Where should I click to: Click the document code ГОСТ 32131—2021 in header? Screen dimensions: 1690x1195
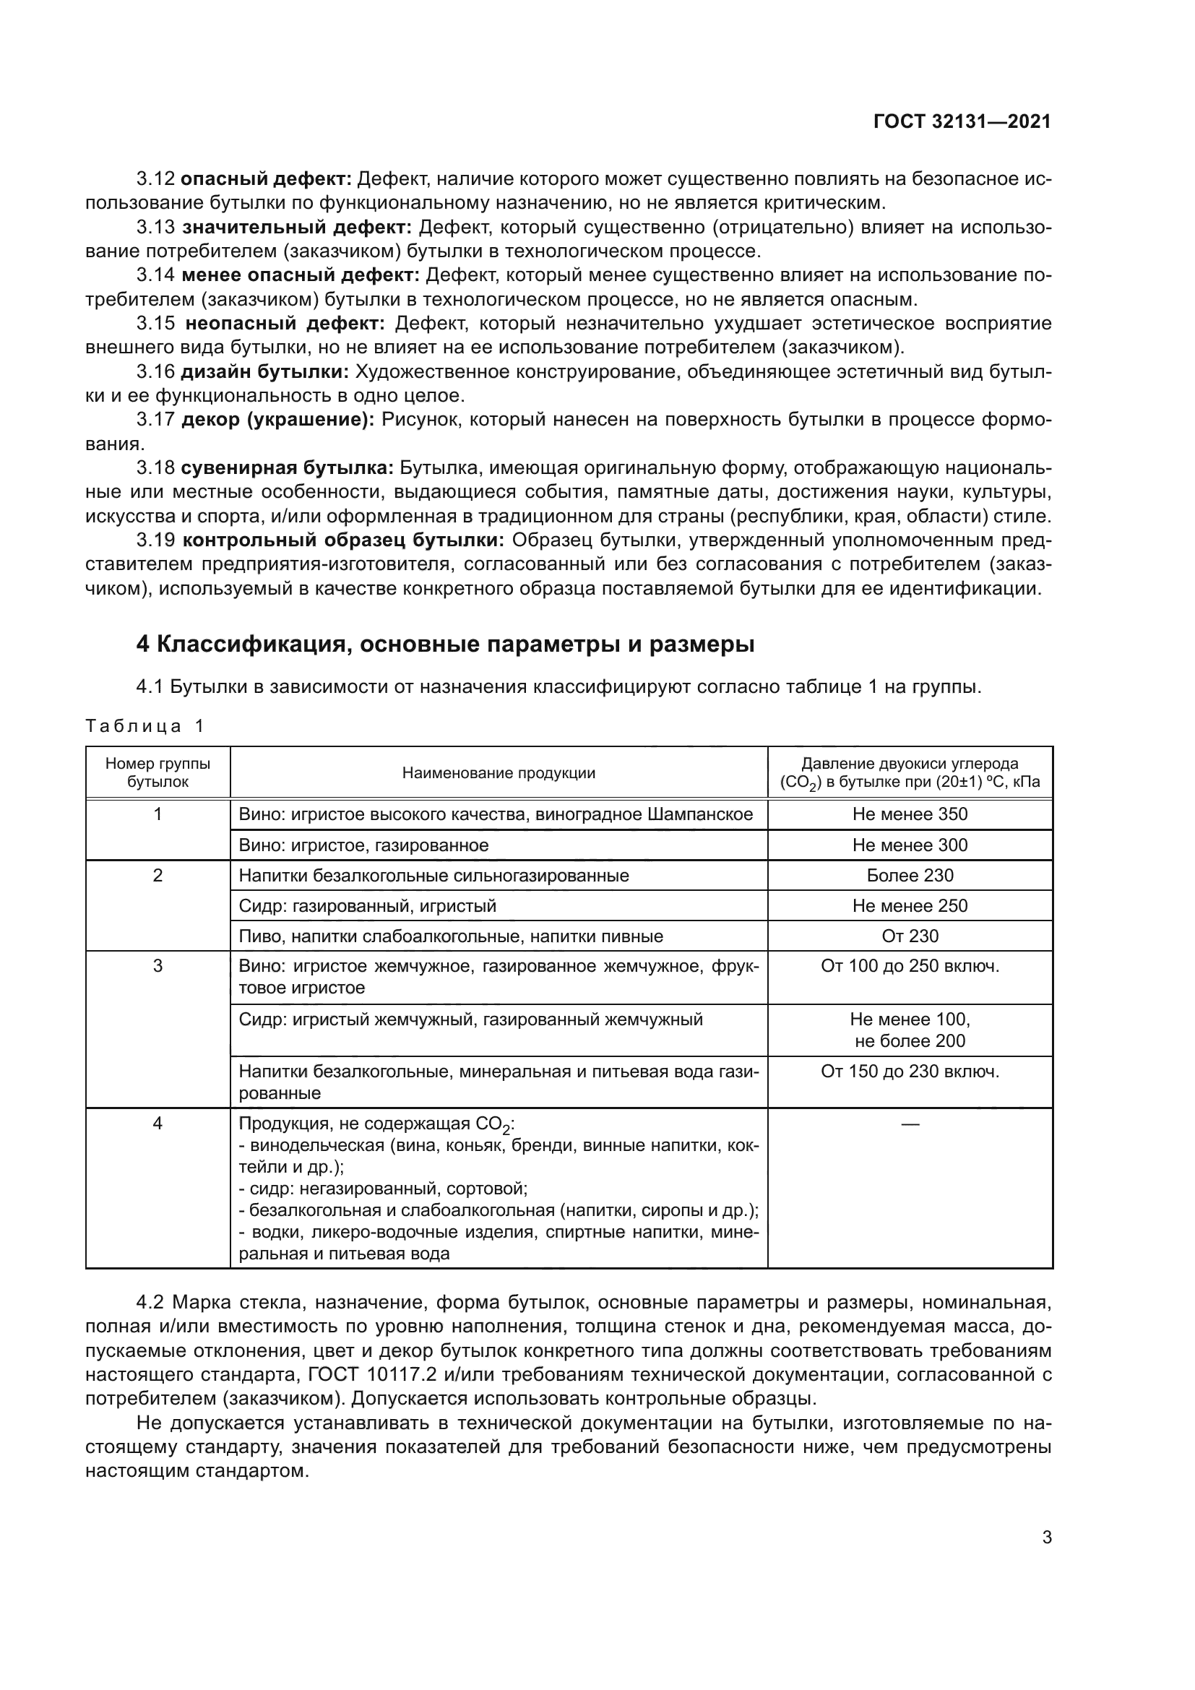pos(962,122)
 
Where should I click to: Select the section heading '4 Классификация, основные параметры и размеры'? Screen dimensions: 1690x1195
pos(445,644)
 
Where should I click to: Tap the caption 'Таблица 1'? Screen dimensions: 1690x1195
pos(144,725)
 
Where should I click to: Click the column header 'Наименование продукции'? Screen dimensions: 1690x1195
pos(499,773)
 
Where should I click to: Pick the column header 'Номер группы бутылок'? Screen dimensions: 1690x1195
pos(158,773)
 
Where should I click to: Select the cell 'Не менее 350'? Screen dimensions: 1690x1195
pos(910,814)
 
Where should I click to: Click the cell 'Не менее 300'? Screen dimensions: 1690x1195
pos(910,845)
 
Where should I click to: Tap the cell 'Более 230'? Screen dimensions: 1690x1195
pos(910,875)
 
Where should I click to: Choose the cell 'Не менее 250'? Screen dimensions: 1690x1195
pos(910,905)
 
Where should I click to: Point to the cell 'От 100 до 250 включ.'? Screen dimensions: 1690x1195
pos(910,966)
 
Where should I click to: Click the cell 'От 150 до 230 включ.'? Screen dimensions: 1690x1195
pos(910,1071)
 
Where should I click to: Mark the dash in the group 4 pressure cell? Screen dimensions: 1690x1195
pos(910,1124)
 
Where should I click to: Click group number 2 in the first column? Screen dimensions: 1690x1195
pos(158,875)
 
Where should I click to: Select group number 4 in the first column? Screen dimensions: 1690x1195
pos(158,1124)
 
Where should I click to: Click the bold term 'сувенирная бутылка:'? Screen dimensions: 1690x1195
pos(287,468)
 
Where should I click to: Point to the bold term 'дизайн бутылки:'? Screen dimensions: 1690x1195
pos(265,371)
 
